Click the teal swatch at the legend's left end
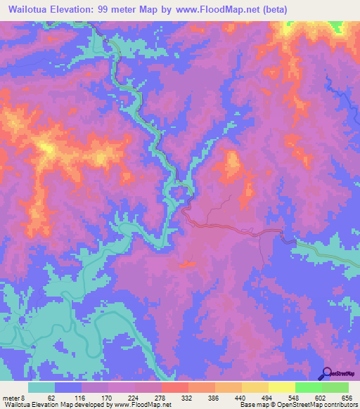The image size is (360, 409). click(x=41, y=388)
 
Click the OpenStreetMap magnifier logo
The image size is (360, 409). click(x=326, y=372)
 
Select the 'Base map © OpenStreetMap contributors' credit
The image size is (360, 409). click(x=297, y=404)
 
